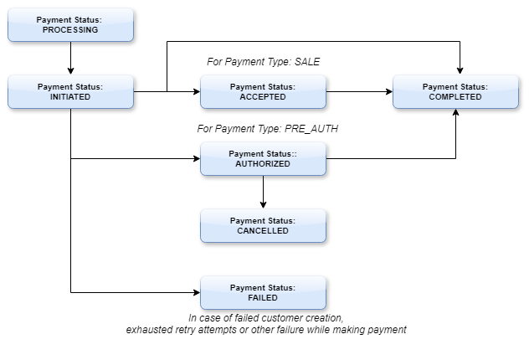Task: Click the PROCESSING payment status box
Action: (70, 24)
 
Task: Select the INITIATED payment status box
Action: (70, 91)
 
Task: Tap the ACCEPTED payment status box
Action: (263, 91)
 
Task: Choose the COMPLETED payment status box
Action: (455, 91)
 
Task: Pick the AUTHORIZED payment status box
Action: (263, 158)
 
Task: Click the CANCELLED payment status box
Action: (263, 225)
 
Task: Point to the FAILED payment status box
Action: (263, 292)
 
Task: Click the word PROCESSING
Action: (70, 30)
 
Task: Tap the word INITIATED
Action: (70, 97)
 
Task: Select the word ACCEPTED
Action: (263, 97)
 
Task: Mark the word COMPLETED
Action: (455, 97)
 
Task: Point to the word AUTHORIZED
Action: (263, 164)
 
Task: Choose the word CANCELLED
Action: (263, 231)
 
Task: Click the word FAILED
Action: (263, 298)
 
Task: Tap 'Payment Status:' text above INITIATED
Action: (70, 86)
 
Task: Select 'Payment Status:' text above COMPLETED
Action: (455, 86)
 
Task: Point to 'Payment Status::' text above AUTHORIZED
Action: (263, 153)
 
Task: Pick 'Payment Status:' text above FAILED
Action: (263, 287)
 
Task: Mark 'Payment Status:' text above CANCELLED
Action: (263, 220)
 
